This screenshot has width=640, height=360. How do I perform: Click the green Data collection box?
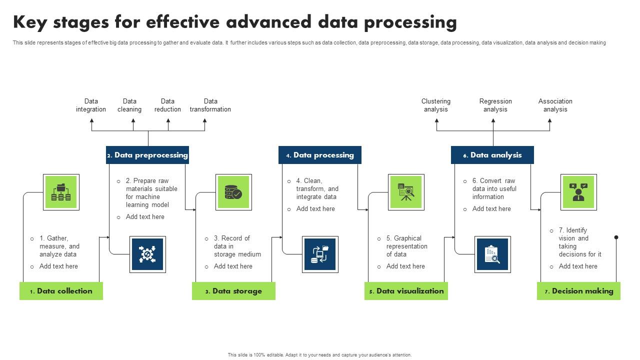(61, 291)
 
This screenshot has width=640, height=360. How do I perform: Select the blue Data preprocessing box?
(147, 155)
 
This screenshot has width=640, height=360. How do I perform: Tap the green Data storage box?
(233, 291)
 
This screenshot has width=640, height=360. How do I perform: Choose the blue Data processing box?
(320, 155)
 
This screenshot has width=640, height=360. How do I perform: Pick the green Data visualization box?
(406, 291)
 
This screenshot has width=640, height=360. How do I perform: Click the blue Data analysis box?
(492, 155)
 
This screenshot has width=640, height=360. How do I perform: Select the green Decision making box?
(578, 291)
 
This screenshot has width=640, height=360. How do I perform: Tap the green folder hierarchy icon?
(61, 192)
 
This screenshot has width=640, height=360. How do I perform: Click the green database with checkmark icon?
(233, 192)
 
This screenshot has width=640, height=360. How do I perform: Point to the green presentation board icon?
(406, 192)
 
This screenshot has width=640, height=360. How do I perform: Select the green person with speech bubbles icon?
(578, 192)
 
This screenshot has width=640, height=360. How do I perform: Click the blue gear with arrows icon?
(147, 254)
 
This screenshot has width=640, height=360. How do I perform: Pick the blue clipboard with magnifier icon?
(492, 254)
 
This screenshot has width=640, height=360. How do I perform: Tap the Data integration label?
(91, 105)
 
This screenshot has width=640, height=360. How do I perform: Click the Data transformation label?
(210, 105)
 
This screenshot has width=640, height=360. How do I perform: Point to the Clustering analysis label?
(436, 105)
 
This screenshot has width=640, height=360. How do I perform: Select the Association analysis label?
(555, 105)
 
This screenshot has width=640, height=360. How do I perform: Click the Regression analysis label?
(495, 105)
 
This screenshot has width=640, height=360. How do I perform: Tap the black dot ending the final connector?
(616, 237)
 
